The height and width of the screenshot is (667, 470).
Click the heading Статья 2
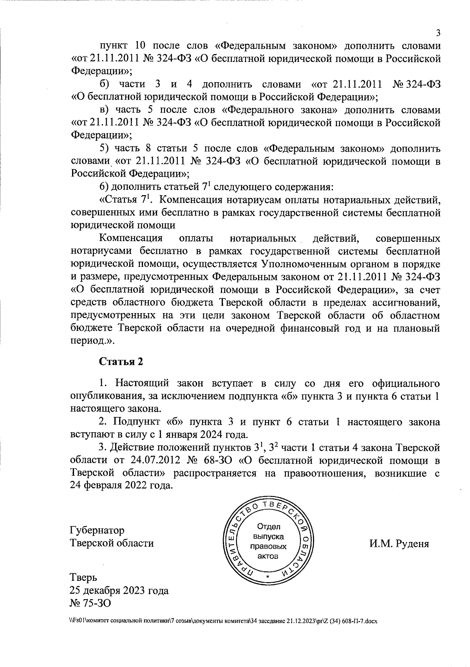pos(121,361)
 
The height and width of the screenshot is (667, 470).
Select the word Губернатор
pos(97,530)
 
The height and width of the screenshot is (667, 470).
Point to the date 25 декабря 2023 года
pos(119,590)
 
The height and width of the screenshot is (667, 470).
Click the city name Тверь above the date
pos(83,577)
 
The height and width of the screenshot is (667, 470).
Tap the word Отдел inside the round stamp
pos(268,526)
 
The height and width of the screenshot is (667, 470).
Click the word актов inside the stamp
pos(268,556)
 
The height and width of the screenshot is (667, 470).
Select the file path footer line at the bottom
pos(223,632)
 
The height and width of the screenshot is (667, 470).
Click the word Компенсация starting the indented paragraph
pos(131,239)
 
